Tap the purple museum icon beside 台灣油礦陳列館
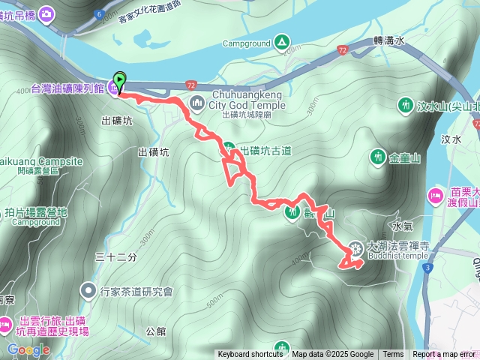pos(113,88)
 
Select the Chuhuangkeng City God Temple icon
pos(197,102)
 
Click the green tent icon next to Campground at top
pos(281,42)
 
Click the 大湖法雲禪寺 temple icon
pos(356,248)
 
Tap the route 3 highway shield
pos(427,266)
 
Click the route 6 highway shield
pos(100,13)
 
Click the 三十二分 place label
pos(117,257)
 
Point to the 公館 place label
pos(156,330)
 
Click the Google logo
pos(28,349)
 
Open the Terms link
pos(393,355)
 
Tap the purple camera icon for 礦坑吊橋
pos(46,14)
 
